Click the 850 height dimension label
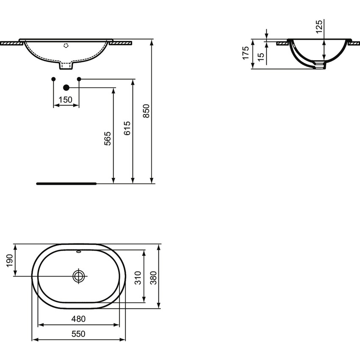point(146,111)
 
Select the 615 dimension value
point(127,128)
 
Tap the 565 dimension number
point(108,139)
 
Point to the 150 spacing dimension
point(66,100)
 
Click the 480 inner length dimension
point(79,318)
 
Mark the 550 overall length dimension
point(79,334)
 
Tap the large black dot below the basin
point(66,88)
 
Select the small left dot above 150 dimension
point(53,79)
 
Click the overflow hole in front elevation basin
point(66,44)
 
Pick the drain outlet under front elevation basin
point(66,66)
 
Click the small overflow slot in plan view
point(79,251)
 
